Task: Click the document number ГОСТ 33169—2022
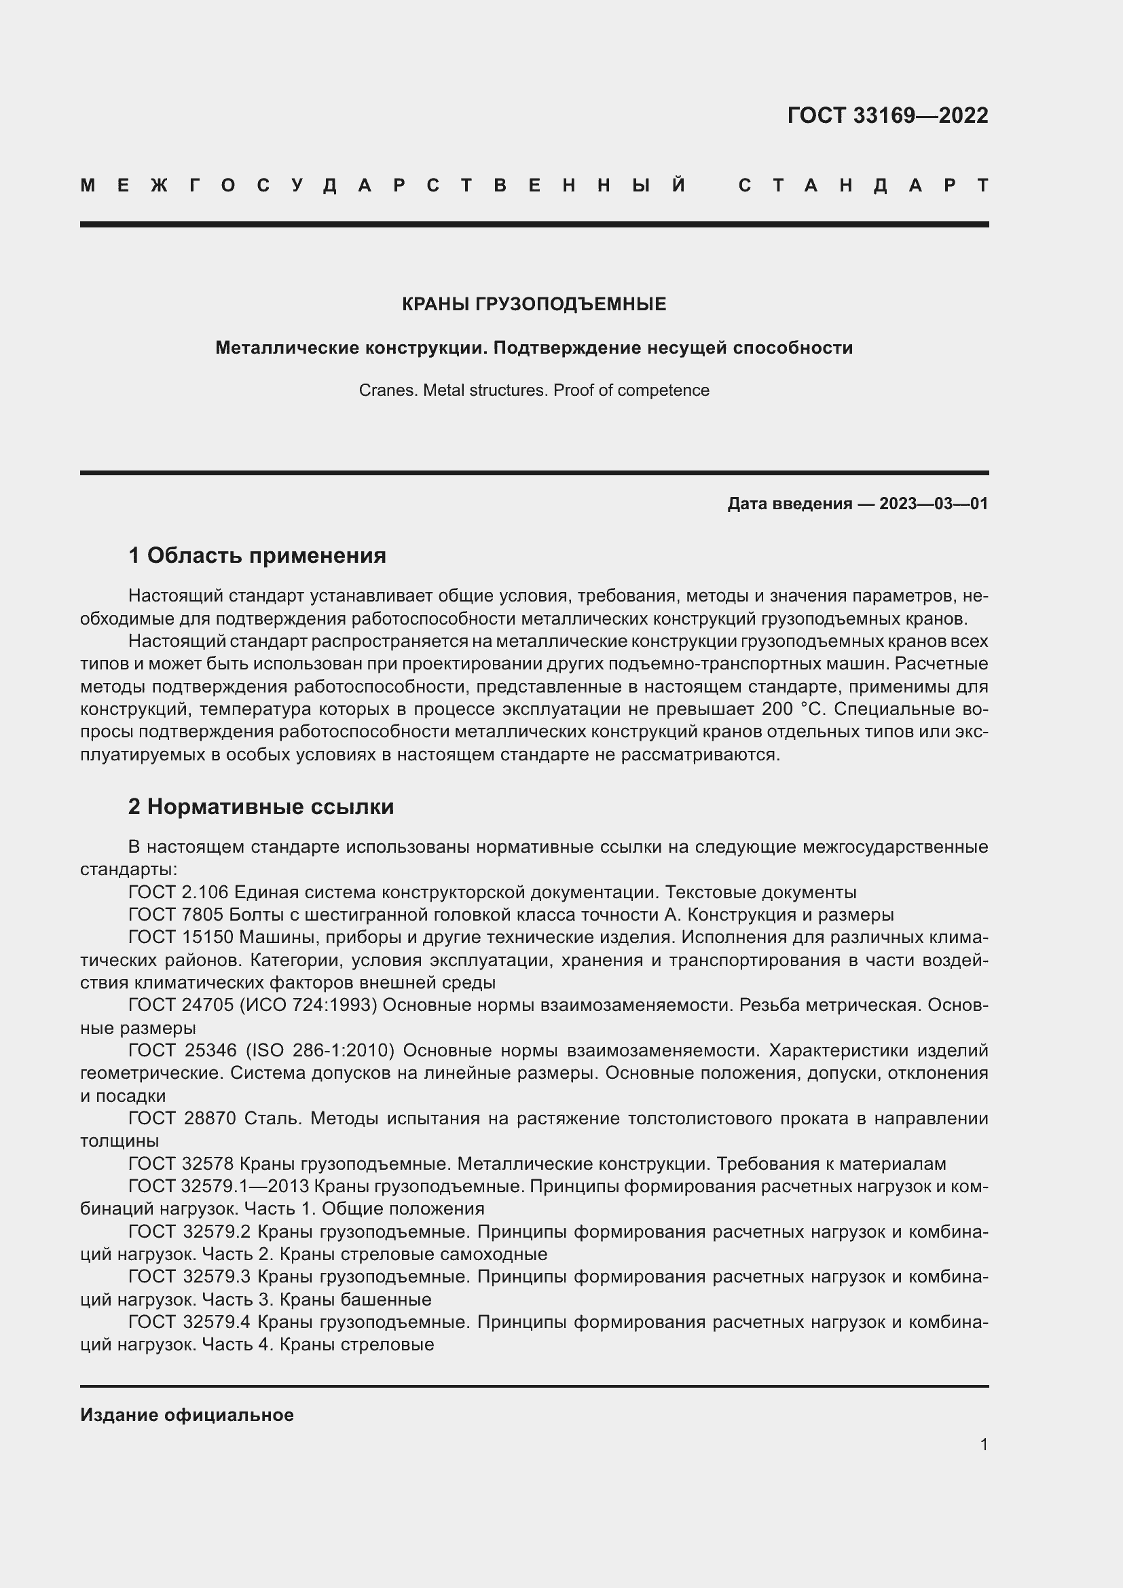(x=887, y=115)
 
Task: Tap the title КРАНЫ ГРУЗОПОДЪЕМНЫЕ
(x=534, y=304)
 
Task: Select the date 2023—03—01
(x=934, y=504)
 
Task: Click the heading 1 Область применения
(x=257, y=555)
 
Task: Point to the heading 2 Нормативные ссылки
(x=261, y=807)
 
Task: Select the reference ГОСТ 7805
(x=176, y=915)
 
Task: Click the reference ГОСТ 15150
(x=181, y=937)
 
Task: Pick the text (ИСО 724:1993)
(x=308, y=1005)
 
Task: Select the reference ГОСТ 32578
(x=181, y=1164)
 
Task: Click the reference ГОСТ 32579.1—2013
(x=219, y=1186)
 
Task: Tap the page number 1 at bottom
(x=983, y=1444)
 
